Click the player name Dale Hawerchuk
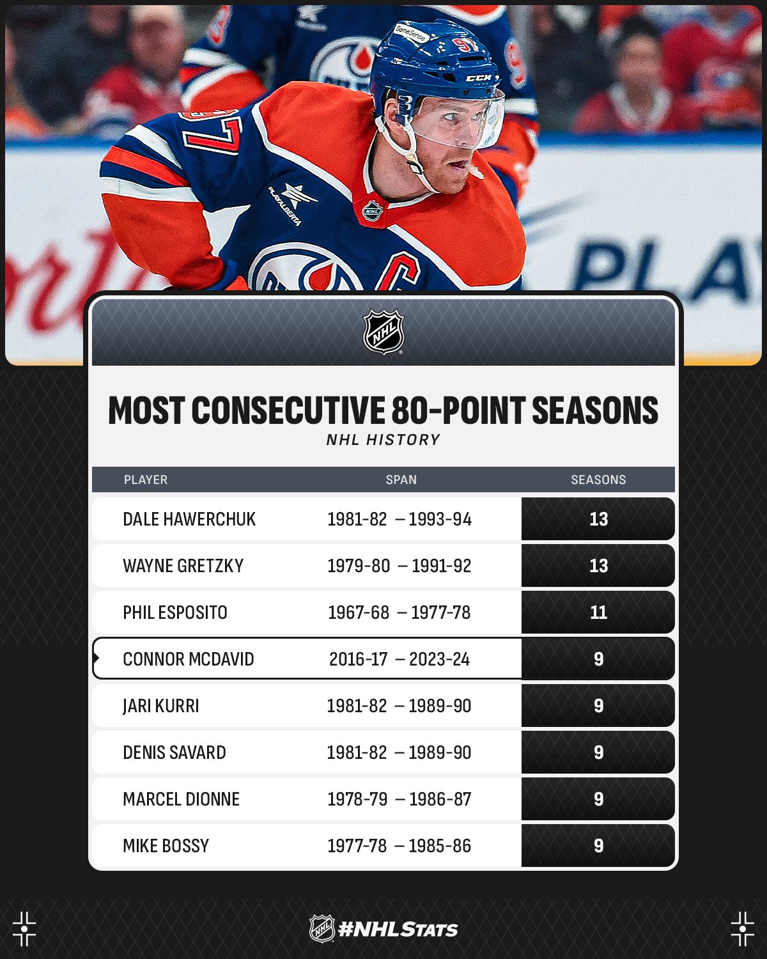point(189,519)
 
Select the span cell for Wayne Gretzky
point(399,566)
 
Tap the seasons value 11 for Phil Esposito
point(598,612)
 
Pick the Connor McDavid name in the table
point(189,659)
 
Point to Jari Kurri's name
point(161,706)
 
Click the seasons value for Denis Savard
point(598,752)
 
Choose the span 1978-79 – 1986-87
point(399,799)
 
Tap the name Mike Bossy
point(166,846)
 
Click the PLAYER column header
point(146,479)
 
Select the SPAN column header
point(401,479)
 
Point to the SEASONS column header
point(598,479)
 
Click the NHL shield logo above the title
point(383,332)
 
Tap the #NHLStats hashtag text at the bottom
point(398,930)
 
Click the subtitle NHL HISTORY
point(383,440)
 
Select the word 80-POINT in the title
point(458,410)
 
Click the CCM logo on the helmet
point(479,78)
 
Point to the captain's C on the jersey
point(398,270)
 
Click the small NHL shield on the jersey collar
point(373,210)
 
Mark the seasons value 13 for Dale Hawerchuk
point(598,519)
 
